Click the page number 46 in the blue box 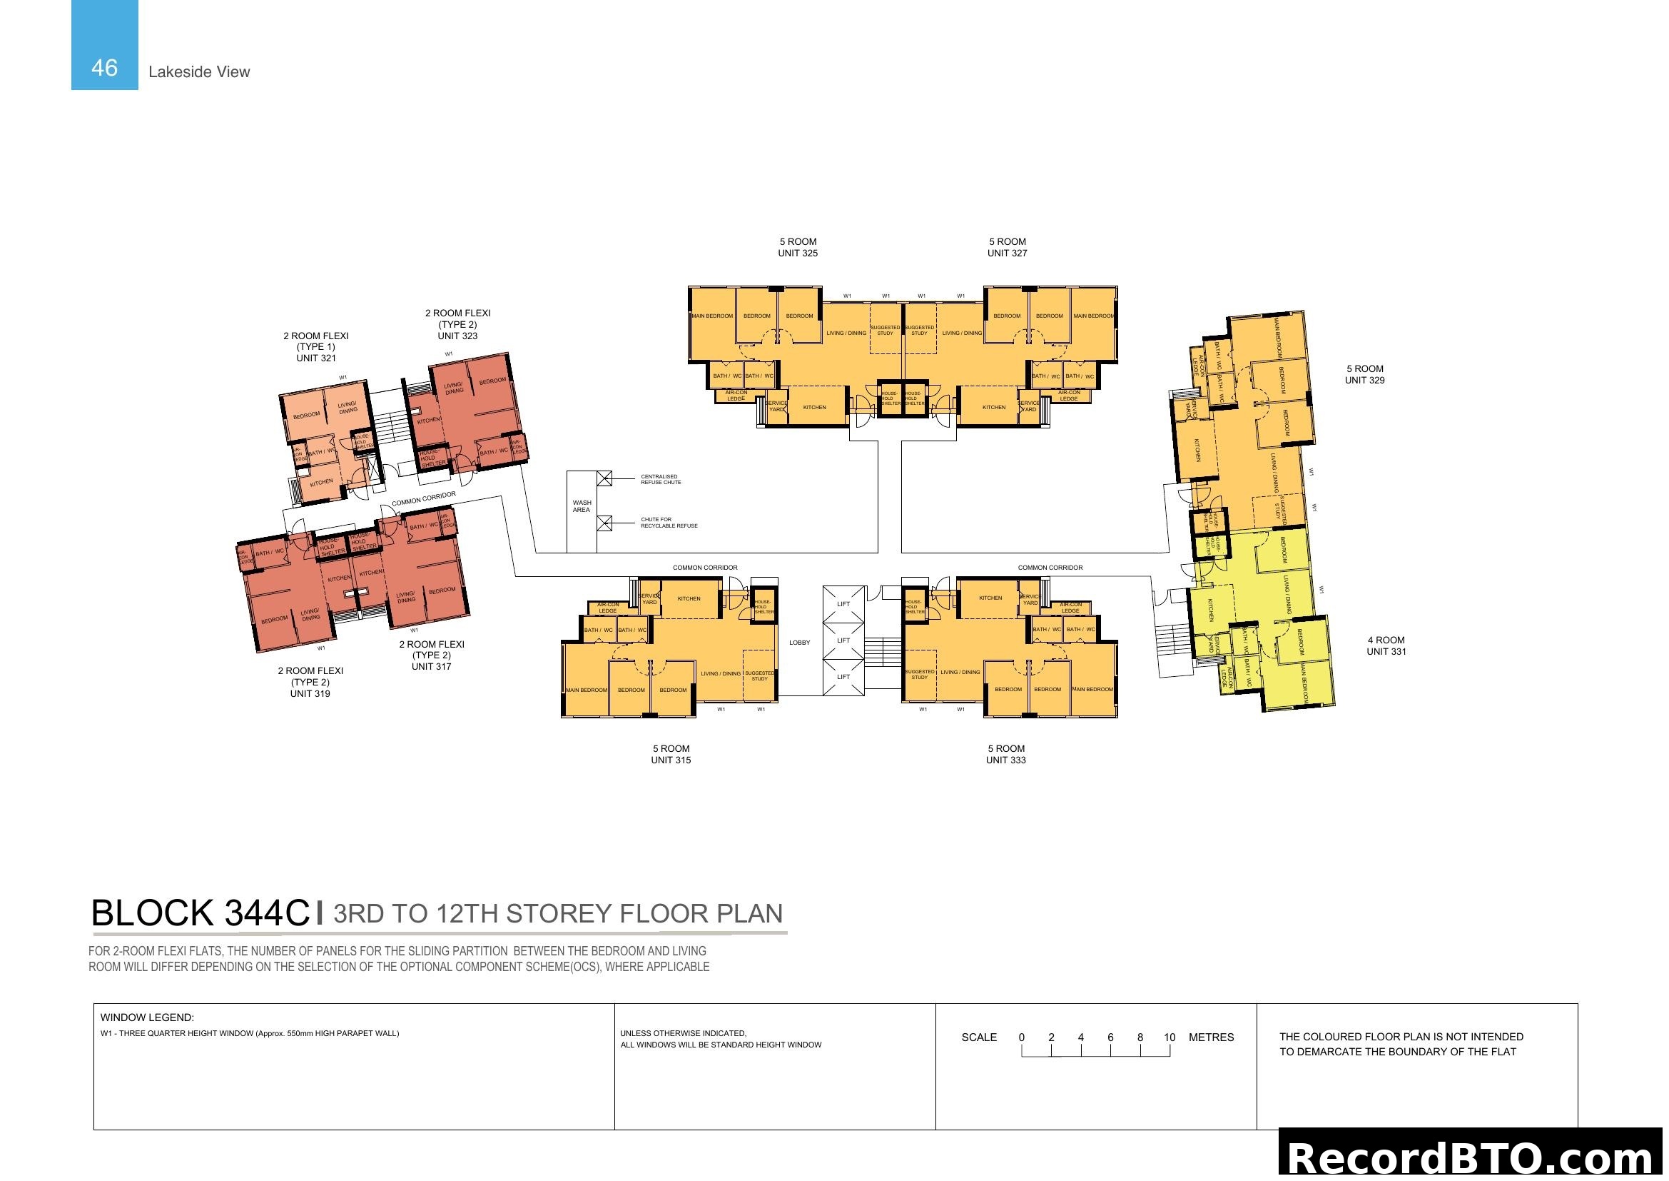pos(104,68)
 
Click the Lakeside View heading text pos(198,72)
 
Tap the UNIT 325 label pos(798,253)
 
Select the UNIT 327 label pos(1007,253)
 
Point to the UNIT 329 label pos(1364,380)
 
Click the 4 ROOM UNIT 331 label pos(1386,645)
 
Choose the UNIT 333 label pos(1005,760)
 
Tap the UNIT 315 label pos(670,760)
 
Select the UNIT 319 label pos(310,693)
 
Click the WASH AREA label pos(582,506)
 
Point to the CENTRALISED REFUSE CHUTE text pos(660,479)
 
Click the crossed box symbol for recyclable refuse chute pos(604,523)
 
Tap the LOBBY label pos(799,642)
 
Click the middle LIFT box pos(843,640)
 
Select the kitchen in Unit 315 pos(689,598)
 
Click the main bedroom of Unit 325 pos(711,316)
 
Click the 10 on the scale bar pos(1169,1037)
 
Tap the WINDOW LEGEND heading pos(147,1017)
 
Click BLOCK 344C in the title pos(200,913)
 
